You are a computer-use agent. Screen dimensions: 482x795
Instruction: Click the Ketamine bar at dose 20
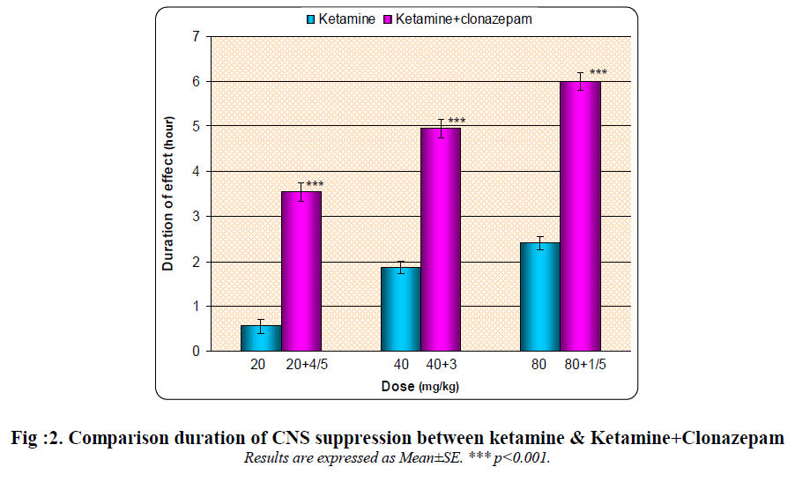(261, 338)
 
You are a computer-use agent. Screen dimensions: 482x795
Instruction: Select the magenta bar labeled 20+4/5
(301, 271)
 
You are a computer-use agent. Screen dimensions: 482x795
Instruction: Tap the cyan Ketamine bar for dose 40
(400, 309)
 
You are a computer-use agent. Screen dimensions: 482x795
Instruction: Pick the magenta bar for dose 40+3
(440, 240)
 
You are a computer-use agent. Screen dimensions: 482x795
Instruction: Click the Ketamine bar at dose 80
(539, 297)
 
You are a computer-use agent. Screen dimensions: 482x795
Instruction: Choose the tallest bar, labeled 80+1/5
(580, 217)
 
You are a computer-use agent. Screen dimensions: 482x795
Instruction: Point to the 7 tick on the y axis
(195, 36)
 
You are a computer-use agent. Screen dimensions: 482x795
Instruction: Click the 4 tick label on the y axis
(195, 171)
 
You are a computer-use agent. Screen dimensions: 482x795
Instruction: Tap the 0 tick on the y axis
(195, 351)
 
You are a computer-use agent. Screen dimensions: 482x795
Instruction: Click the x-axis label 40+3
(441, 365)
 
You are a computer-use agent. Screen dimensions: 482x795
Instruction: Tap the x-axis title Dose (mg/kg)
(420, 386)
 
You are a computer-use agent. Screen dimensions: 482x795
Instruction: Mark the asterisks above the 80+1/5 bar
(598, 72)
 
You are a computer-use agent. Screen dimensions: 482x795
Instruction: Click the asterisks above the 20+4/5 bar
(315, 184)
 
